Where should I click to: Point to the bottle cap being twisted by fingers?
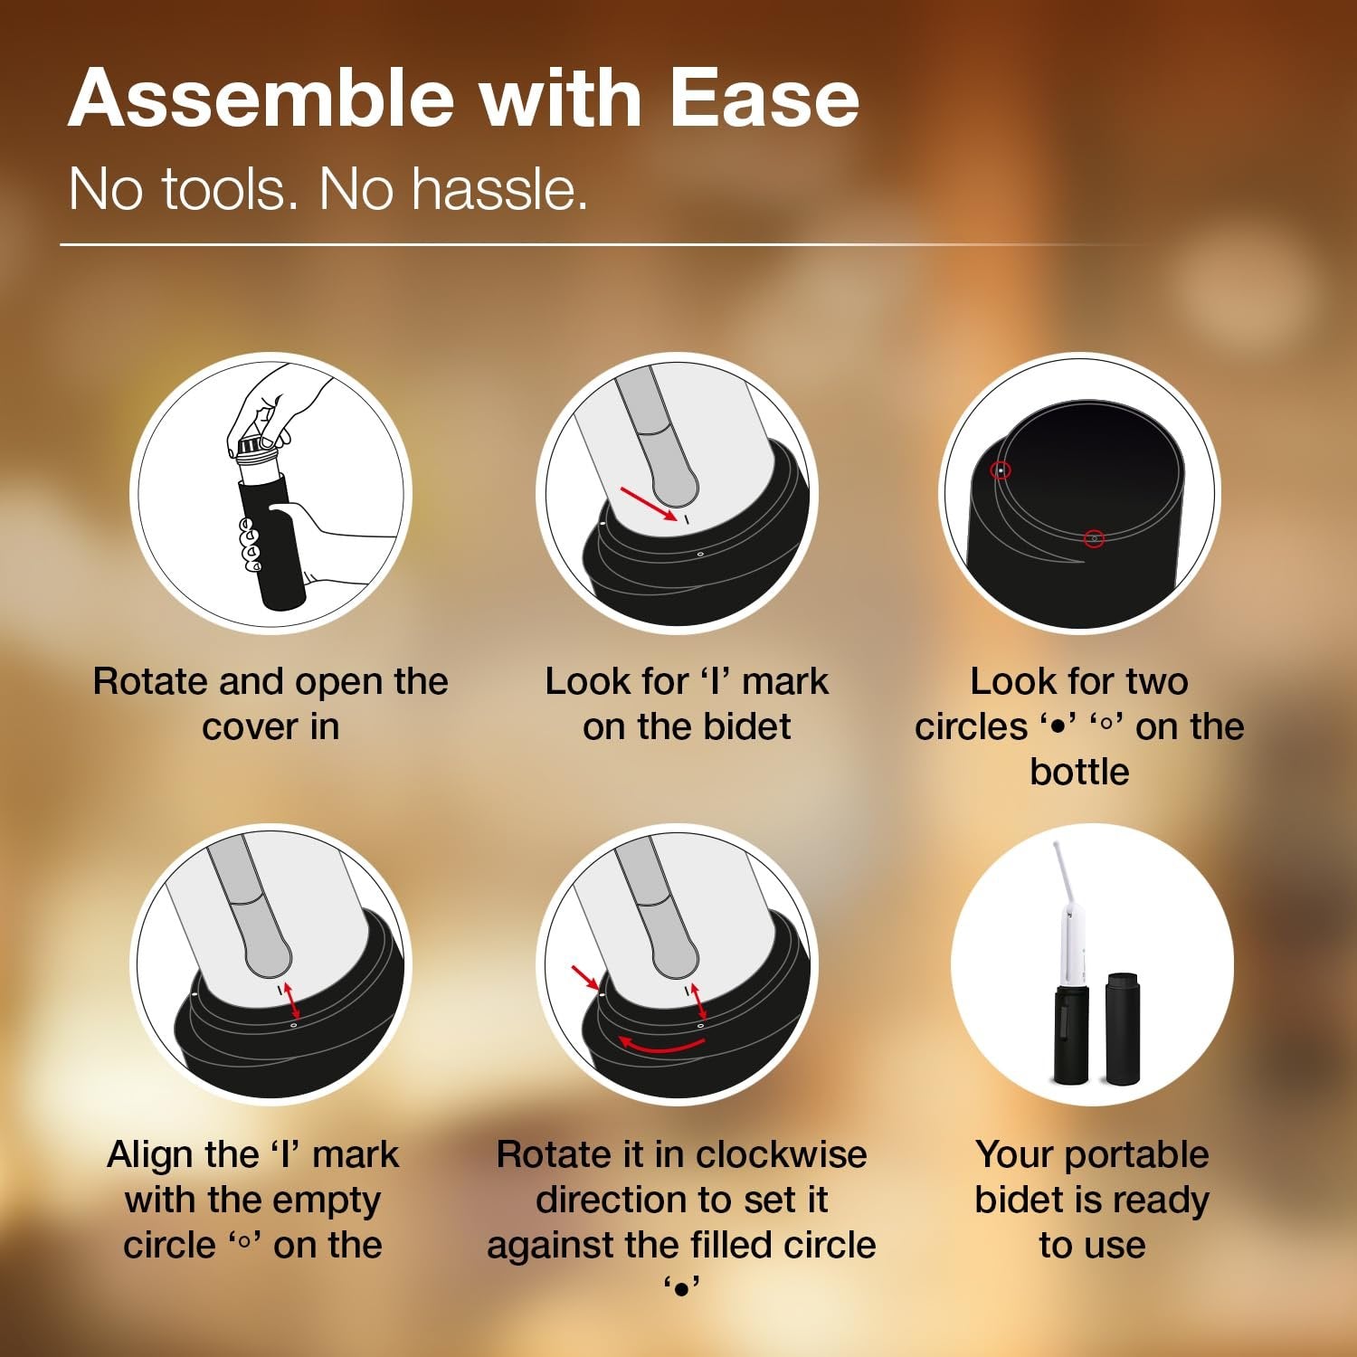coord(256,447)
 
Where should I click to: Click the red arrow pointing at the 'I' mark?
coord(649,503)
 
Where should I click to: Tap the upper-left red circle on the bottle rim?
coord(1001,470)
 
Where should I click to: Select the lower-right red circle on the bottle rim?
coord(1094,538)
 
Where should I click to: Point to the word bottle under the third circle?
coord(1079,772)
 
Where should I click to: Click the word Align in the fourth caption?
coord(150,1154)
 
